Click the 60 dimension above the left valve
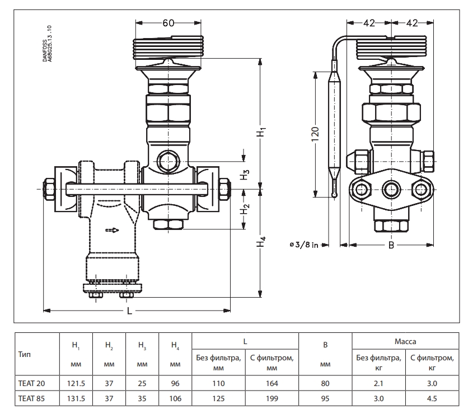point(169,22)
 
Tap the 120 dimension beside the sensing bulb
point(315,134)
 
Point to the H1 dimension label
point(261,132)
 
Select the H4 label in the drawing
point(261,244)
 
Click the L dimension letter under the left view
point(129,312)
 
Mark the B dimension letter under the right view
point(391,246)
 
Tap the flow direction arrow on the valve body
point(113,229)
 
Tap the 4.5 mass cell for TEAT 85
point(432,399)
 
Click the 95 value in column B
point(325,399)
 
